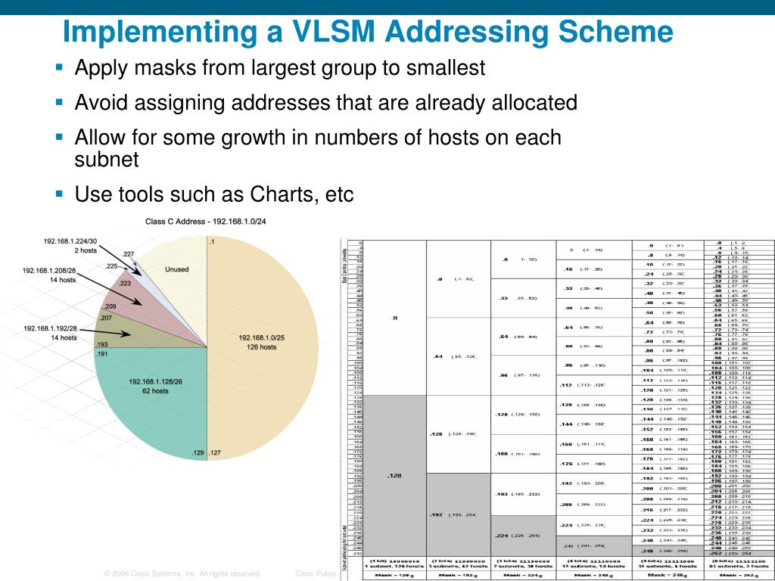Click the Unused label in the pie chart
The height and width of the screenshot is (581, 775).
tap(176, 269)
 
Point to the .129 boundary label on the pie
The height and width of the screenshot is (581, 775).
tap(198, 452)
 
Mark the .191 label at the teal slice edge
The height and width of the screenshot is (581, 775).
tap(102, 353)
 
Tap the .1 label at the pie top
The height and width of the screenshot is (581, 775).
tap(212, 241)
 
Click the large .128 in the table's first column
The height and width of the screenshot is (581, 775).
tap(394, 477)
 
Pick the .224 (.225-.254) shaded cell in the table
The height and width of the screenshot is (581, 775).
tap(523, 536)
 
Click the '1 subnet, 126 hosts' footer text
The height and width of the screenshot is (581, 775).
tap(394, 567)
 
